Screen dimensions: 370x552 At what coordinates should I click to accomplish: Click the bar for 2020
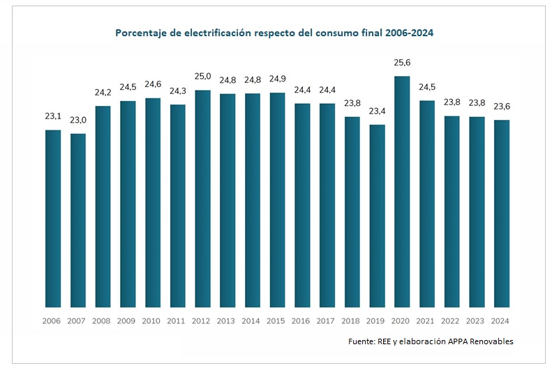401,192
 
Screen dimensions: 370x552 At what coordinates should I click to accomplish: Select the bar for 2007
78,220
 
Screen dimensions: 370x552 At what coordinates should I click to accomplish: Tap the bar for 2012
202,199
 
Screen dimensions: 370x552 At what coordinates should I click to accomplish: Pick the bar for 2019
377,216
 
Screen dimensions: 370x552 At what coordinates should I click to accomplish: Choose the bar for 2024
501,213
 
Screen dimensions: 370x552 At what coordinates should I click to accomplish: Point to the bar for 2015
277,200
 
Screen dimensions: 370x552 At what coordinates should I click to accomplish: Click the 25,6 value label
401,62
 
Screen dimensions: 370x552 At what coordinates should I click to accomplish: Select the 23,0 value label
78,120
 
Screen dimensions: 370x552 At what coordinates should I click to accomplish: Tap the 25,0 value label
202,76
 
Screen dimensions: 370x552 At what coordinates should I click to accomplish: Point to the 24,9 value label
277,79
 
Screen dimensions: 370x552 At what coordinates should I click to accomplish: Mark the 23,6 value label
501,107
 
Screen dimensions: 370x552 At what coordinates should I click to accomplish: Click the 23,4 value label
377,111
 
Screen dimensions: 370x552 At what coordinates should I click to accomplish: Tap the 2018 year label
352,321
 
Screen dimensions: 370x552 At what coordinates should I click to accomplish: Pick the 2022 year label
452,321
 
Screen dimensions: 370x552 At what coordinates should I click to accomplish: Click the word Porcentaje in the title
140,33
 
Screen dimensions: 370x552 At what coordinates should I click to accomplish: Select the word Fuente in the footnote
363,341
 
